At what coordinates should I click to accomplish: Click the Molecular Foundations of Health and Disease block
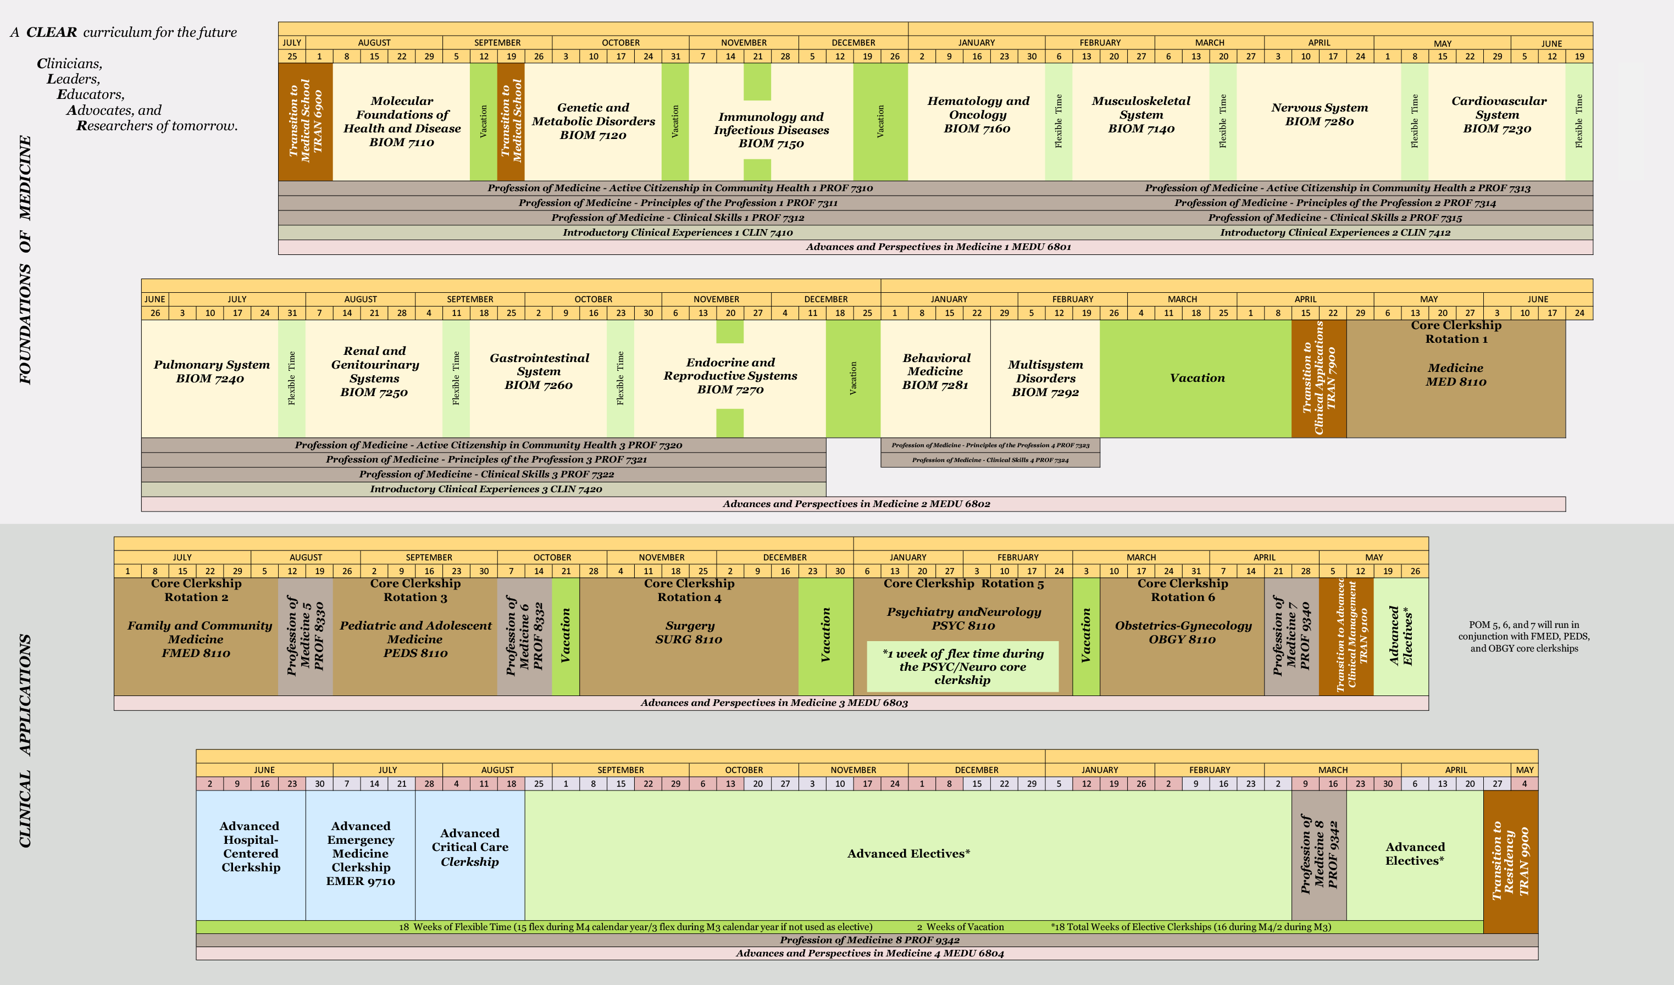click(401, 121)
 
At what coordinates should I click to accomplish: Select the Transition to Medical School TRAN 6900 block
click(305, 121)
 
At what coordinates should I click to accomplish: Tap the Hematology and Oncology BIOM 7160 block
click(977, 115)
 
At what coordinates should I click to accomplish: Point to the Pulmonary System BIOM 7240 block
click(210, 372)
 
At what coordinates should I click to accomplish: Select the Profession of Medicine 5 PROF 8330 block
click(305, 636)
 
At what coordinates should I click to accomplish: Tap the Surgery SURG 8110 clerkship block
click(689, 632)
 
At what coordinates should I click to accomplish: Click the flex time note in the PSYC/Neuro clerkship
click(962, 666)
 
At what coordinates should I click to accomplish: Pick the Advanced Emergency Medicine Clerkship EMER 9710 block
click(361, 854)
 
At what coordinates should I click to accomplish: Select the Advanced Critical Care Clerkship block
click(470, 848)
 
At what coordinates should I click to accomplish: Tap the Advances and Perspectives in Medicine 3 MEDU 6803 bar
click(773, 703)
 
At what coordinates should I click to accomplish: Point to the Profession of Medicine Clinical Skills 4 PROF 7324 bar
click(990, 460)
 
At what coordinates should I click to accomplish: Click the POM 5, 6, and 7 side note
click(1523, 636)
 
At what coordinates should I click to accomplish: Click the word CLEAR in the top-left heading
click(51, 32)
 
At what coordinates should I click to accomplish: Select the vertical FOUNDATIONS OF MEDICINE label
click(25, 259)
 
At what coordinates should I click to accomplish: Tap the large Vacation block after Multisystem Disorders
click(1196, 378)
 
